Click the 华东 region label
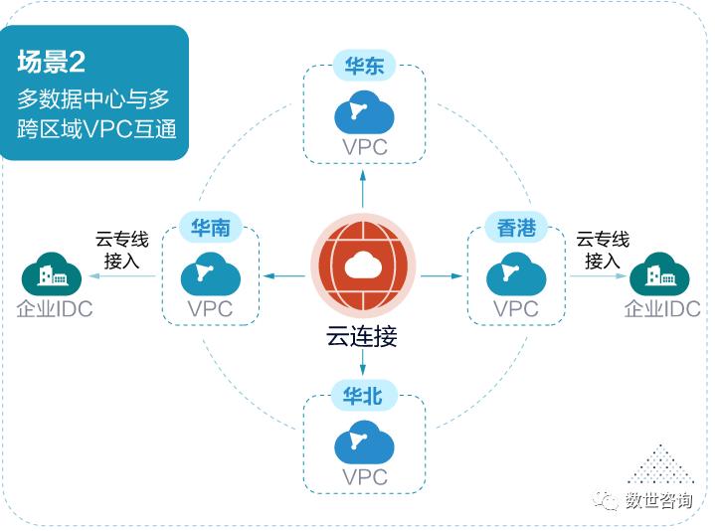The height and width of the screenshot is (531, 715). point(364,67)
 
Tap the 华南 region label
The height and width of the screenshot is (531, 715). point(211,228)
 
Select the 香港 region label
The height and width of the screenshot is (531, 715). point(516,228)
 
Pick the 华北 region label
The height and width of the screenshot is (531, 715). point(364,396)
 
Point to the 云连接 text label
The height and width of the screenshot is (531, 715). point(364,336)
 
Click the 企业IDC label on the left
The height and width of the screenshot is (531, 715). point(56,308)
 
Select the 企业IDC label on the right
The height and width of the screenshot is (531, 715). point(661,308)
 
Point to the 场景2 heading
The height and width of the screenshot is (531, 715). point(52,62)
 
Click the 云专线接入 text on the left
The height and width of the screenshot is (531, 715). point(122,250)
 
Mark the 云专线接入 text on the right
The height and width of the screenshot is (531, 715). point(603,250)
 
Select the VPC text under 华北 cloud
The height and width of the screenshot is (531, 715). point(364,477)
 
